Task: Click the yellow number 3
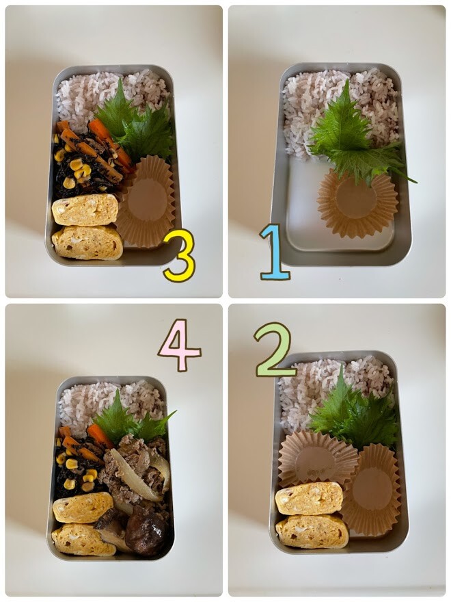coord(180,255)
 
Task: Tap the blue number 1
coord(275,252)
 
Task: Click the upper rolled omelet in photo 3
coord(85,209)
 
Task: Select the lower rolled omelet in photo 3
coord(87,243)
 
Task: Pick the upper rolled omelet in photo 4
coord(83,508)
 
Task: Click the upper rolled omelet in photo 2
coord(309,498)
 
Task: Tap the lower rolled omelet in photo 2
coord(312,532)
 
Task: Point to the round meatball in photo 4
coord(146,534)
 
